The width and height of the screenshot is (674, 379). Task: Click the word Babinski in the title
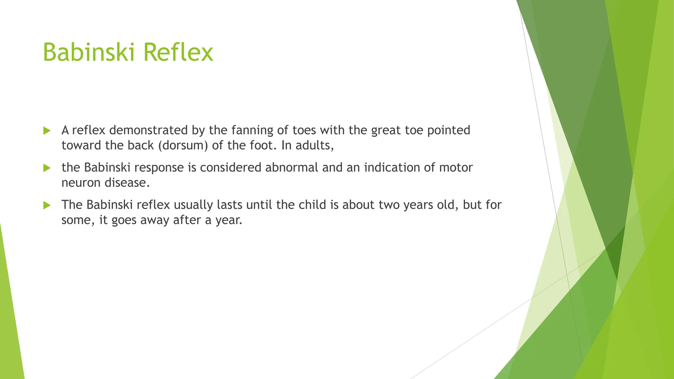pos(89,52)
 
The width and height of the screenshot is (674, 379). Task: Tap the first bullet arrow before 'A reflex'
pos(47,131)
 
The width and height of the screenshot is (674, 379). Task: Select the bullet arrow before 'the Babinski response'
pos(47,168)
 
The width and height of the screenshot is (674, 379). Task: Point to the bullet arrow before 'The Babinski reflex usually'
pos(47,205)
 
